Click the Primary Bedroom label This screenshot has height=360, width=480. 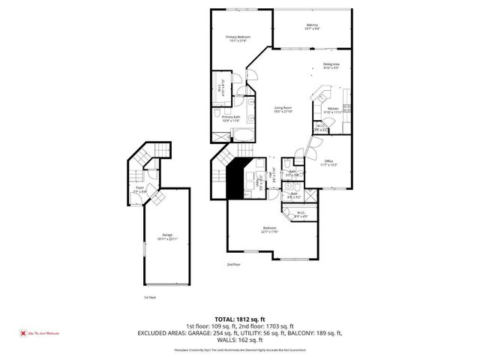[x=238, y=38]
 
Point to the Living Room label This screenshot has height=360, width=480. [x=282, y=109]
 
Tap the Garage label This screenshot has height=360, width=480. [x=166, y=236]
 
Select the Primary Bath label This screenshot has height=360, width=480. [x=231, y=118]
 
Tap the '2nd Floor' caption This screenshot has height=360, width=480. [x=235, y=265]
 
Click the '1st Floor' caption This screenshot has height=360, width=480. [x=149, y=298]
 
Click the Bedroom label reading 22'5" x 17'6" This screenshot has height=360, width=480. [x=269, y=229]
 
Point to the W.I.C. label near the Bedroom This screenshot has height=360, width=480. [x=301, y=214]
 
